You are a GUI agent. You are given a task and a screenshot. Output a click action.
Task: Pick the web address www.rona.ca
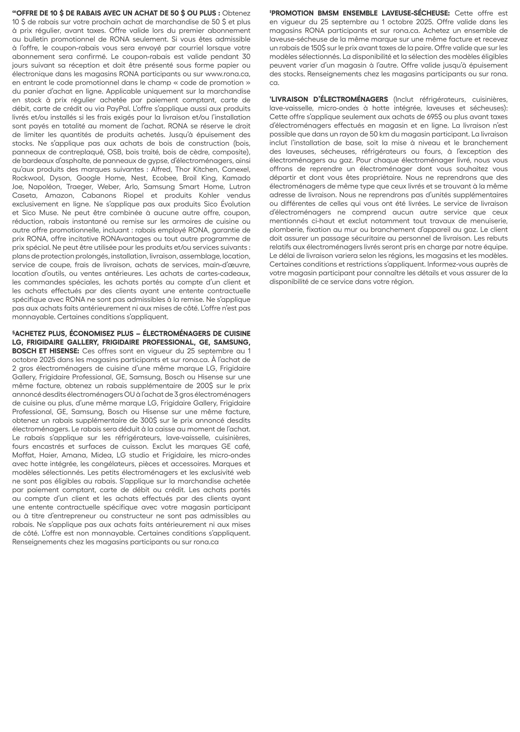coord(228,74)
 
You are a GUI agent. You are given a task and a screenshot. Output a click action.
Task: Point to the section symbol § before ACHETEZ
coord(14,333)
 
